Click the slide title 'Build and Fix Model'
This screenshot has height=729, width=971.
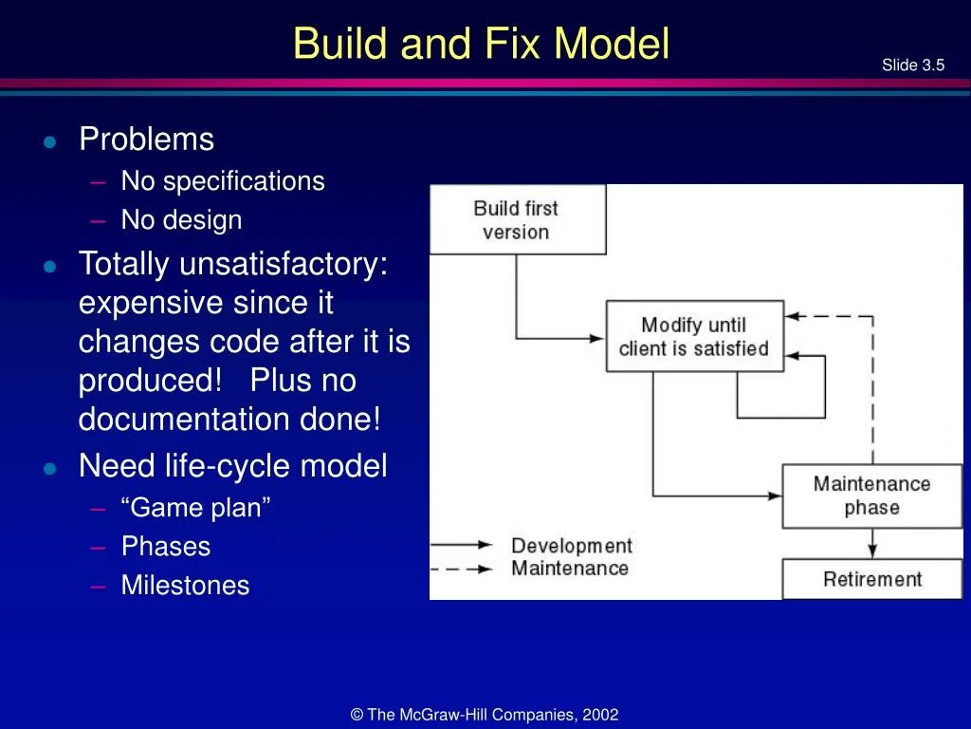point(481,45)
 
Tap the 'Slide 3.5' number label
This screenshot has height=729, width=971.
point(912,65)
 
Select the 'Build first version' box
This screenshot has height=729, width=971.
point(517,220)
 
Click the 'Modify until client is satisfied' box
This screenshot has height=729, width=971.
point(694,337)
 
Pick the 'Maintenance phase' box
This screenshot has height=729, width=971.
point(871,495)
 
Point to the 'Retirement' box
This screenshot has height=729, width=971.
point(871,579)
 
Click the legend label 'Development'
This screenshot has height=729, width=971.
point(571,546)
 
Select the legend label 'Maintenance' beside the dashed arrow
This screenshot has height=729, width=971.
point(569,569)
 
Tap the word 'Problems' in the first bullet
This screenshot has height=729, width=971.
point(146,140)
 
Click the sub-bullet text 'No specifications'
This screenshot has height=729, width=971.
point(222,181)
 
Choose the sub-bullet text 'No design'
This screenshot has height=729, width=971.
point(181,220)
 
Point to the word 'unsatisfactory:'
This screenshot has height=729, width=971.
point(284,264)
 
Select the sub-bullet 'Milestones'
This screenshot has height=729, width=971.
point(185,586)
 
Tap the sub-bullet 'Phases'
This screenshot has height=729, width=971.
point(165,547)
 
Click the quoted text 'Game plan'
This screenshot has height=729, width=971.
point(195,508)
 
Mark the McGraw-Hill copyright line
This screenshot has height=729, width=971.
point(485,715)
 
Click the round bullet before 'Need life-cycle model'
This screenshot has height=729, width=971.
point(50,468)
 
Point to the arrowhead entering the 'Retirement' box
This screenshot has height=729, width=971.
point(872,551)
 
